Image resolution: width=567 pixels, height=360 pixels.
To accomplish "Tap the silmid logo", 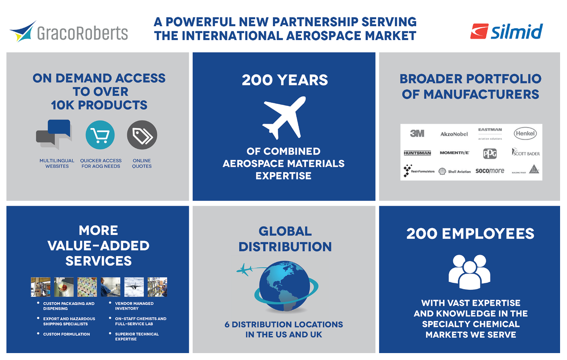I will [x=506, y=32].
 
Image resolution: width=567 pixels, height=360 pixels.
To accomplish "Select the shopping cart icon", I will [x=100, y=135].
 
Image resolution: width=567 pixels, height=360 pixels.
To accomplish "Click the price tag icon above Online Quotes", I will [x=142, y=135].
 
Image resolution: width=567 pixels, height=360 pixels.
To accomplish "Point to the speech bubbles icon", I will [x=54, y=134].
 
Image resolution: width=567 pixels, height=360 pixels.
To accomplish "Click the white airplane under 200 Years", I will [x=284, y=117].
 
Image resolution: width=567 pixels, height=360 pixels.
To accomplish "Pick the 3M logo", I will [x=417, y=134].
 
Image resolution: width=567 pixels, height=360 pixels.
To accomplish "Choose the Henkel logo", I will [x=525, y=133].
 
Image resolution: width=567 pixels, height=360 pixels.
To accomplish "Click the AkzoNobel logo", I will [x=454, y=134].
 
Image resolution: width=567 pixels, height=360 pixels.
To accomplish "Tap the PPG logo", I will [x=489, y=153].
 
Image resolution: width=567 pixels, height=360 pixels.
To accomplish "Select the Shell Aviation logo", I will [x=454, y=171].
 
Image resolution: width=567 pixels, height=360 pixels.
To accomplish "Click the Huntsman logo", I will [x=417, y=153].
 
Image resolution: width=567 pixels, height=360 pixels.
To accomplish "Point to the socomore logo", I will [x=489, y=171].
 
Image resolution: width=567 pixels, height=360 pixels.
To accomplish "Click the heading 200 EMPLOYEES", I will [x=470, y=233].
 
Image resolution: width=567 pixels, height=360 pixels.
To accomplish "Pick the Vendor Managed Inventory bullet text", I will [x=134, y=306].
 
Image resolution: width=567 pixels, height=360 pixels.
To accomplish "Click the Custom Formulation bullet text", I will [x=66, y=334].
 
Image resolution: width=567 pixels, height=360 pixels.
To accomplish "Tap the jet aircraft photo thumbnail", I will [x=134, y=287].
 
